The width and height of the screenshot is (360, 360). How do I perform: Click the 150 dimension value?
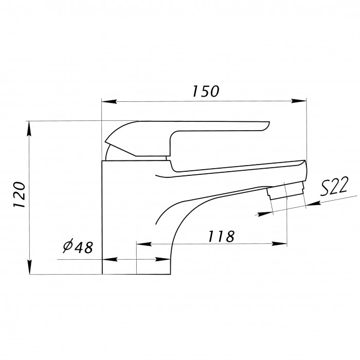point(206,91)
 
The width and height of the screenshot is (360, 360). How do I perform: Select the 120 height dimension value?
point(19,195)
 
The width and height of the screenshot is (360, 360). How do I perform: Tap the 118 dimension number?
point(221,236)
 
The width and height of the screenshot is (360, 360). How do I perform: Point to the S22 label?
point(334,186)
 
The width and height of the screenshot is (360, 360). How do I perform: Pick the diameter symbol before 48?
point(68,246)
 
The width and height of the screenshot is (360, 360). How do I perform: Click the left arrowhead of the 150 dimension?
point(109,101)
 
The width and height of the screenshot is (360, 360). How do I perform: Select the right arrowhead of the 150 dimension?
point(299,101)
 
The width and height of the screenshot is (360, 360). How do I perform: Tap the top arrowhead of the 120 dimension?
point(29,129)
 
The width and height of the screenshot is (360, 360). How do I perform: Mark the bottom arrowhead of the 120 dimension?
point(30,267)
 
